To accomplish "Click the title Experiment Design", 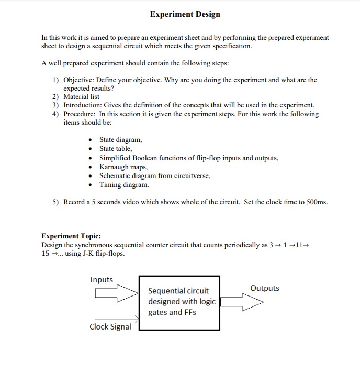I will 185,14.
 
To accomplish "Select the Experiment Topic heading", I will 71,236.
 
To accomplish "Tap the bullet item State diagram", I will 120,140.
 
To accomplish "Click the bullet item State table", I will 116,149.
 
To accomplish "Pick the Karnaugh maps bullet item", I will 123,167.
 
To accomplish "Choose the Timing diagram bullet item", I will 124,185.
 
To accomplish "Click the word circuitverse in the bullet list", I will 190,176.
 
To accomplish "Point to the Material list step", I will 81,97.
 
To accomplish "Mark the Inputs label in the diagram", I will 102,280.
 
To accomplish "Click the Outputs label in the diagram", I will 265,288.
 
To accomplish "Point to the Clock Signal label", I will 110,327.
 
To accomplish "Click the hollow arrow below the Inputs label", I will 115,294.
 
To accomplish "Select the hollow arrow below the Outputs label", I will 242,302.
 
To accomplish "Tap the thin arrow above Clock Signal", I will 117,318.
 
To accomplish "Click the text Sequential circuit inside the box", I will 178,291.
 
